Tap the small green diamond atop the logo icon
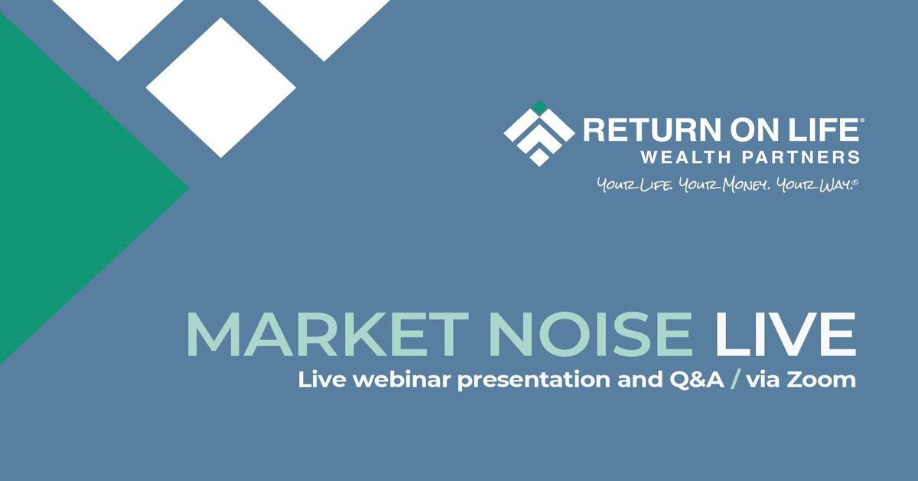click(539, 106)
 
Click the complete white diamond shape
click(220, 87)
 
